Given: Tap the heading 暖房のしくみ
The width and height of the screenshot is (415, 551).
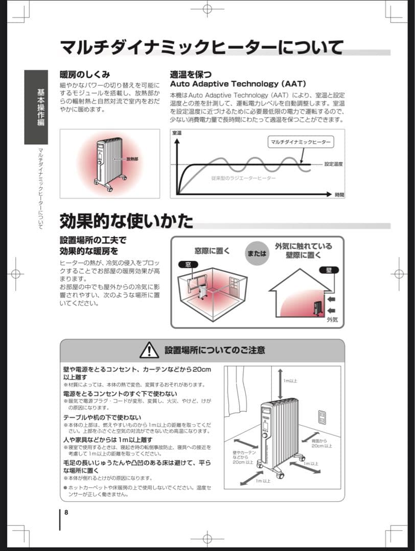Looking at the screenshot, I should tap(85, 75).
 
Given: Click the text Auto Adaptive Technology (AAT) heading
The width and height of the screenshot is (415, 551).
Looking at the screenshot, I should tap(238, 84).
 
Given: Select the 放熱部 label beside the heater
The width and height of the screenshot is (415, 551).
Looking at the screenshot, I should tap(132, 159).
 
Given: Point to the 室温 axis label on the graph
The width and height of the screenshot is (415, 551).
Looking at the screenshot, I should tap(177, 133).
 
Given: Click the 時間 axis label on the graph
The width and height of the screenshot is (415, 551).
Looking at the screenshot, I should tap(339, 195).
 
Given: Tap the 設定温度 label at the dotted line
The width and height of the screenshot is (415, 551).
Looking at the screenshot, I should tap(333, 164).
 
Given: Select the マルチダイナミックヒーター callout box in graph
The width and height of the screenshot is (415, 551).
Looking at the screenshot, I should tap(301, 142).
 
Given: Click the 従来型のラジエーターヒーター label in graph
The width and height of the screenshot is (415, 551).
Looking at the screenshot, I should tap(243, 178).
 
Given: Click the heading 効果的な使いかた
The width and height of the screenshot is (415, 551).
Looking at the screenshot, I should tap(127, 221).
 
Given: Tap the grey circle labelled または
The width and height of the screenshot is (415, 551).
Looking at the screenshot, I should tap(257, 254).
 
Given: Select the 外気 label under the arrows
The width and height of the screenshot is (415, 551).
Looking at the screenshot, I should tap(332, 320).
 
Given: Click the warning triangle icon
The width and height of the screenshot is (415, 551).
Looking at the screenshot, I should tap(149, 350).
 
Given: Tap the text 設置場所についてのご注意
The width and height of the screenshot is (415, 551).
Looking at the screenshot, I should tap(215, 350).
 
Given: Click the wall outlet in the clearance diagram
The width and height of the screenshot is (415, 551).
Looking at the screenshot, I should tap(322, 417).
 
